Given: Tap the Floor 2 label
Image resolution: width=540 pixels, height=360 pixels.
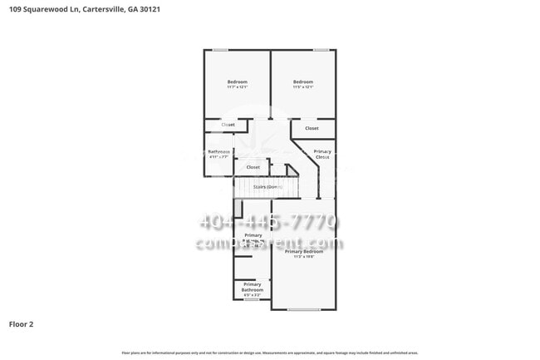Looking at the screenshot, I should click(22, 323).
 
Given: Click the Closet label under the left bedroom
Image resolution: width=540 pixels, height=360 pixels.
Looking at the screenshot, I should click(228, 125).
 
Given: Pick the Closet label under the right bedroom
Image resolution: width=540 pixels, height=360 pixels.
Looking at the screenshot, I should click(312, 128).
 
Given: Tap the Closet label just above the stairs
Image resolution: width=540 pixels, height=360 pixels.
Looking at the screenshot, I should click(253, 167).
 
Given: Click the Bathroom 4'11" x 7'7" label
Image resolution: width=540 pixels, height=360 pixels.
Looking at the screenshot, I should click(219, 154).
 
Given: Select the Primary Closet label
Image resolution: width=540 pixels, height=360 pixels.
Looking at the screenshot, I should click(323, 154).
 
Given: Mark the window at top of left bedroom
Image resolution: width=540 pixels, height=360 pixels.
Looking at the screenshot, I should click(221, 50).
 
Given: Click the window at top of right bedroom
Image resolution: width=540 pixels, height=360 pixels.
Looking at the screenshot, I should click(321, 50).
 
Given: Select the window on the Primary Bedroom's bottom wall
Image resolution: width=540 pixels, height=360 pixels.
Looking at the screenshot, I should click(303, 310).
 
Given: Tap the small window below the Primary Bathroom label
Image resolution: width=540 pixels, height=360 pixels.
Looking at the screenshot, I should click(253, 299).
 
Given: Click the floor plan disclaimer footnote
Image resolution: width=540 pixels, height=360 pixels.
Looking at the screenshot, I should click(269, 353).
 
